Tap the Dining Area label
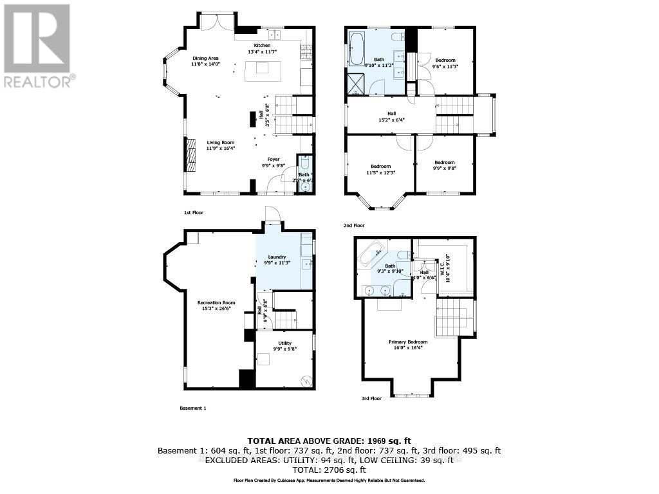(205, 61)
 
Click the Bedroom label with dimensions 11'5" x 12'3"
(380, 169)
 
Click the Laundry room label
(277, 259)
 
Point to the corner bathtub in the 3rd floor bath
(372, 257)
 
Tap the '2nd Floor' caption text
(354, 226)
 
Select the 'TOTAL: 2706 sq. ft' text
(329, 470)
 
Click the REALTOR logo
(37, 45)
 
